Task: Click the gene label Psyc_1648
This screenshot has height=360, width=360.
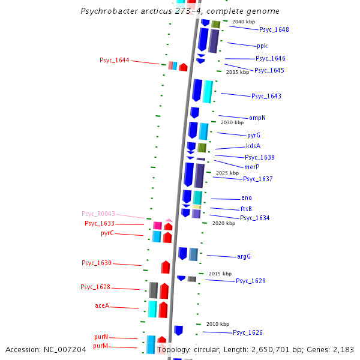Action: pos(274,29)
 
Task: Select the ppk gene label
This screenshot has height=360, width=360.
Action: pos(262,46)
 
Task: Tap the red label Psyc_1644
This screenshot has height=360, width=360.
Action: pos(114,60)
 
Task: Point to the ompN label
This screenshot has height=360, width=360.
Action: pos(257,118)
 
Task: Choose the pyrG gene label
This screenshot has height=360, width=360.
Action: pos(254,135)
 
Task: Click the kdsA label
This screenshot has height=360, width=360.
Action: pos(253,146)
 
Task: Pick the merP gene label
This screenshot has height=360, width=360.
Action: pos(252,167)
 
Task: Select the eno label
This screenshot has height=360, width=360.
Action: pos(247,197)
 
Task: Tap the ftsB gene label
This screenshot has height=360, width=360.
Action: pos(246,209)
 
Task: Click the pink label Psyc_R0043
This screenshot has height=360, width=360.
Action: pos(98,214)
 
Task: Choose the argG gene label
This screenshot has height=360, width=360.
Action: pos(244,256)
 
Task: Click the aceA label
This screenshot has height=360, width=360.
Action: pos(102,305)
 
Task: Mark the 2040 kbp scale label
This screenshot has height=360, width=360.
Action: pos(243,22)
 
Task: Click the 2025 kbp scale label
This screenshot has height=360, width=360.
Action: pos(227,173)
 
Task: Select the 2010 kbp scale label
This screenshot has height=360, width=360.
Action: pos(217,324)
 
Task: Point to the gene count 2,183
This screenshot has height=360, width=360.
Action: pos(341,349)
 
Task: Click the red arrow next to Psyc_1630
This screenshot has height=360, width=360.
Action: pos(165,267)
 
